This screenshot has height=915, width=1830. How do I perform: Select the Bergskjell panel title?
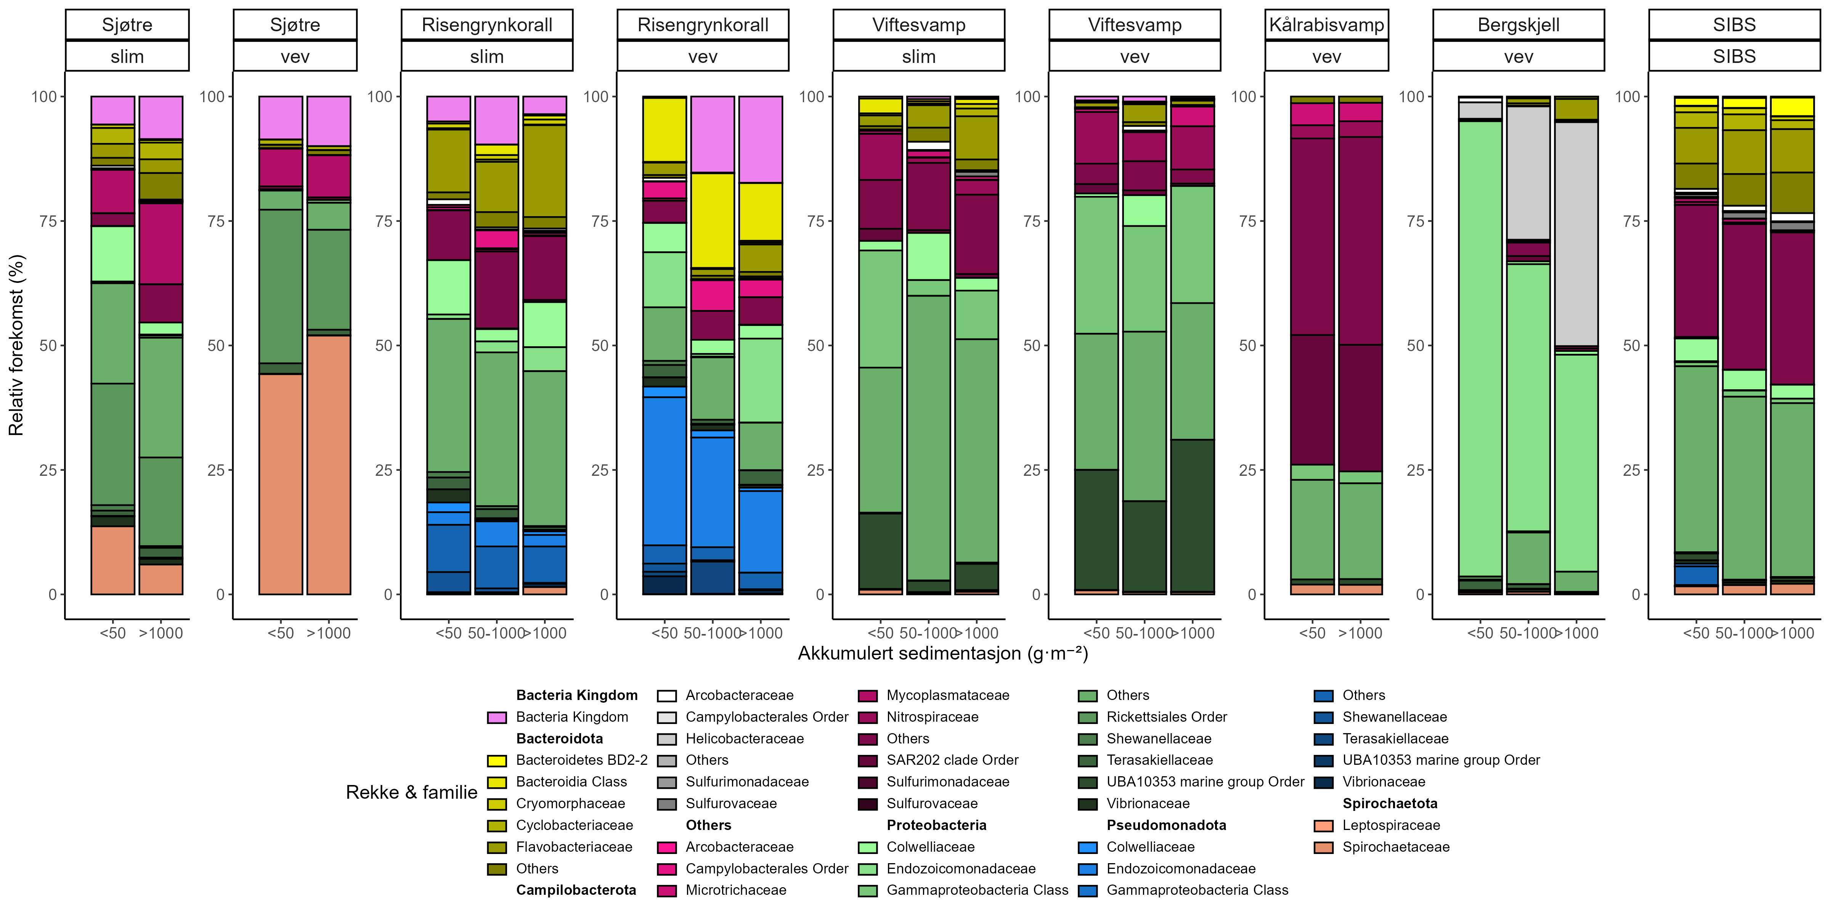(1518, 25)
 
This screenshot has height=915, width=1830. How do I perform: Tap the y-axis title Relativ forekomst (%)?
(16, 345)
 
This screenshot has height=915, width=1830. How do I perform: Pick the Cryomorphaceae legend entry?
(570, 803)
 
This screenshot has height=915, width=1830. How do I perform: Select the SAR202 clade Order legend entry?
(952, 760)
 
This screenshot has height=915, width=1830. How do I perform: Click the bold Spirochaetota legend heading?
(1390, 803)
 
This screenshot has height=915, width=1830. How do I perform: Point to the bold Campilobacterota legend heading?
(575, 890)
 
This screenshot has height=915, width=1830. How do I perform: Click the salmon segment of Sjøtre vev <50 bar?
(281, 483)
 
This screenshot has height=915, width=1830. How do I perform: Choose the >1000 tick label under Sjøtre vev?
(328, 633)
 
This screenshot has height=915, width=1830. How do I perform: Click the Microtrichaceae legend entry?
(735, 890)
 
